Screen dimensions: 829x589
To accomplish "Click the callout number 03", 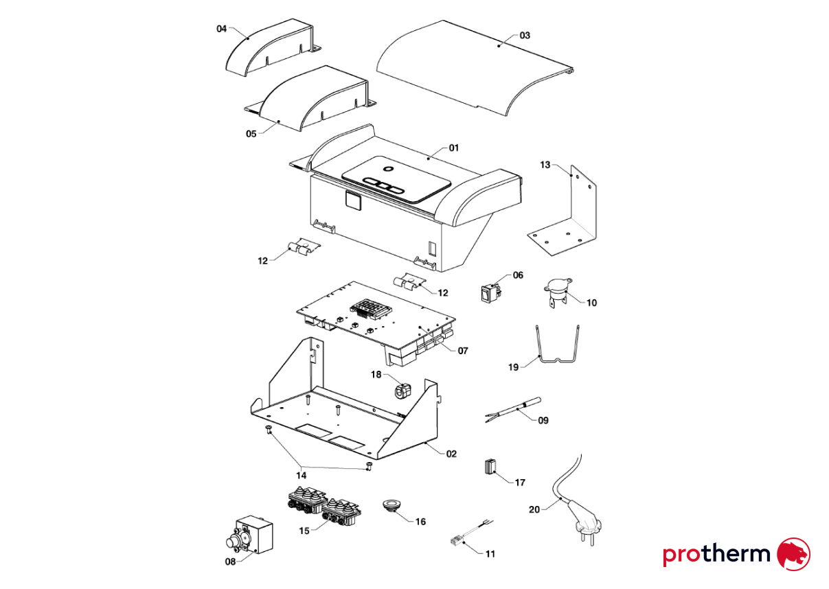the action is point(525,35).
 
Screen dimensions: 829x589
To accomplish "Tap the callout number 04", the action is point(221,29).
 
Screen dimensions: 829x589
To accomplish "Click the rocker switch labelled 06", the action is point(490,292).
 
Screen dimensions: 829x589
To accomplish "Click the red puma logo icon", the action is point(793,554).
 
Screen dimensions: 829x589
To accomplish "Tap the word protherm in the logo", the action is point(716,555).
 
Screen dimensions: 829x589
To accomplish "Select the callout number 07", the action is point(463,351).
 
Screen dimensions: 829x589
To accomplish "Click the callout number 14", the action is point(301,475).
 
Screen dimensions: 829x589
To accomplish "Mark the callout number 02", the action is point(451,454).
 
